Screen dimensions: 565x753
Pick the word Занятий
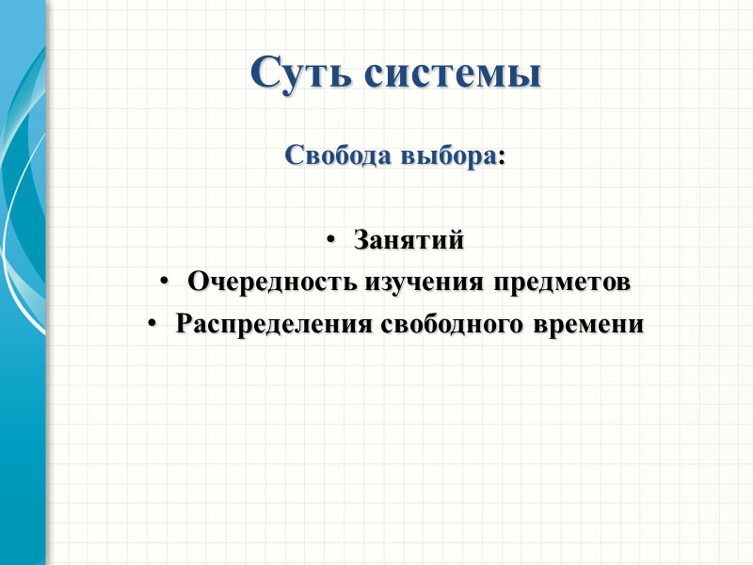(409, 241)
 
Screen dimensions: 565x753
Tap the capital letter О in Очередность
(197, 282)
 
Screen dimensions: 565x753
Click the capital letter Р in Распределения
(184, 324)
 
